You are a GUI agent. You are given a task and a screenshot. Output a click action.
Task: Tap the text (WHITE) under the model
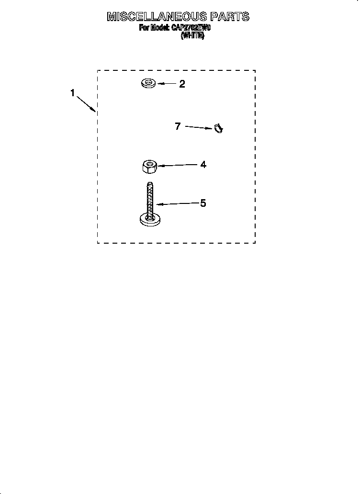pyautogui.click(x=192, y=36)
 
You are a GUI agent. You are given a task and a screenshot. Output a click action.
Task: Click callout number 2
pyautogui.click(x=182, y=84)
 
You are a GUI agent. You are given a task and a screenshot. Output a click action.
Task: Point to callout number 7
pyautogui.click(x=178, y=126)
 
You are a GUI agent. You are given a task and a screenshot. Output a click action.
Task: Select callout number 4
pyautogui.click(x=203, y=165)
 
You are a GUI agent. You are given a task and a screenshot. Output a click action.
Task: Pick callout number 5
pyautogui.click(x=203, y=203)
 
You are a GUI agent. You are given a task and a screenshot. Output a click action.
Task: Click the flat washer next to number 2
pyautogui.click(x=148, y=84)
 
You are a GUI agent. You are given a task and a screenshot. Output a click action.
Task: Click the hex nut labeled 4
pyautogui.click(x=150, y=168)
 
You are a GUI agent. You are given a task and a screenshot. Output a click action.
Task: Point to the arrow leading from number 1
pyautogui.click(x=87, y=104)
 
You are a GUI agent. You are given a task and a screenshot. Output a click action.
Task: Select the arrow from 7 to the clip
pyautogui.click(x=199, y=128)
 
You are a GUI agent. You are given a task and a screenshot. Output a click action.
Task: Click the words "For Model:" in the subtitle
pyautogui.click(x=154, y=28)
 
